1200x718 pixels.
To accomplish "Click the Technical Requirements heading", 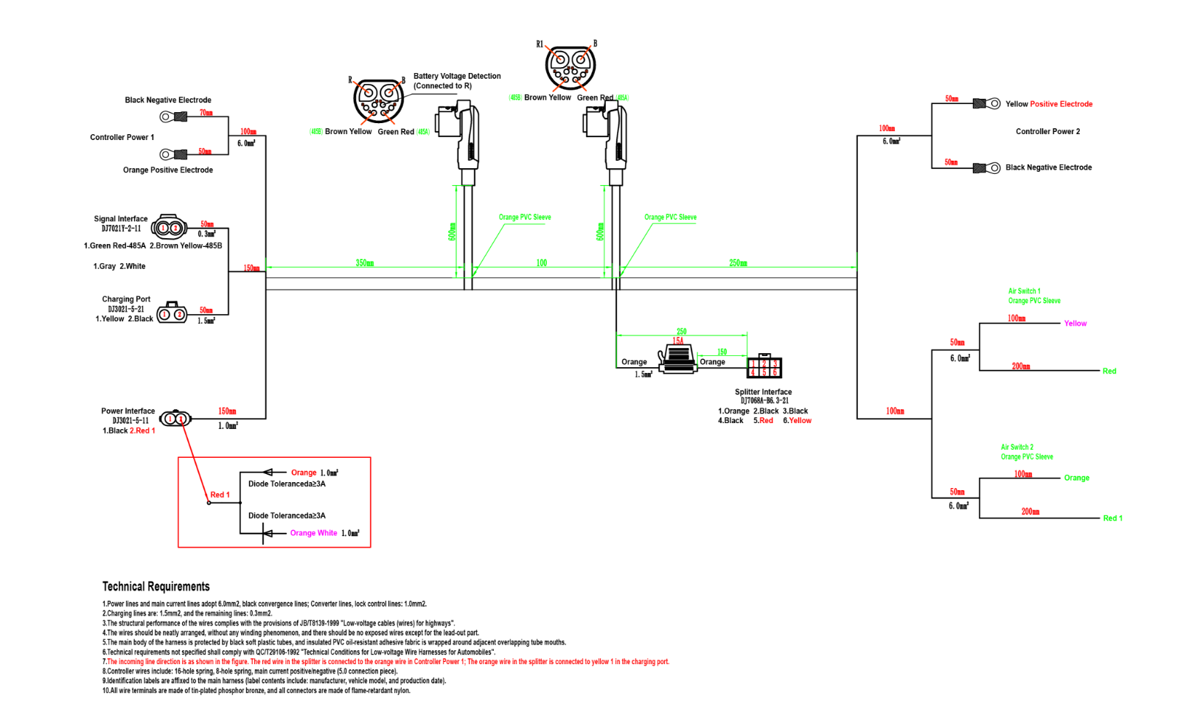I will [156, 587].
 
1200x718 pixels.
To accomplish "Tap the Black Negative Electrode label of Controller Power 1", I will [168, 100].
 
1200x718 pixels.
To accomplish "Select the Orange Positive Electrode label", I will [168, 170].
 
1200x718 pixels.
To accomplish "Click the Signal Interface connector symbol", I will [170, 228].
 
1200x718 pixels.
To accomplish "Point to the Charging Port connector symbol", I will [172, 313].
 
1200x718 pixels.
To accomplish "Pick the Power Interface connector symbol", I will [175, 419].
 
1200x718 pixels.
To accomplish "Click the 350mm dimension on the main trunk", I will [364, 263].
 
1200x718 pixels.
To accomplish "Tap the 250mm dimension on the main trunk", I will [738, 263].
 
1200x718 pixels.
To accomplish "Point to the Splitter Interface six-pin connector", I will [764, 367].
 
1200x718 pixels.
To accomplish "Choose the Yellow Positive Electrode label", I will [1049, 104].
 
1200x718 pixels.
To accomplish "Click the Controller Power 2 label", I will [1047, 132].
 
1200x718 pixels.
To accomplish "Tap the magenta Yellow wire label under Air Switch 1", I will [1075, 324].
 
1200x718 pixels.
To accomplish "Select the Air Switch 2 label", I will [1017, 447].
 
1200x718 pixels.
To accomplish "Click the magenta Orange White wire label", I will [313, 533].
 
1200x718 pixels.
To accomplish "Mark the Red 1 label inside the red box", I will [220, 495].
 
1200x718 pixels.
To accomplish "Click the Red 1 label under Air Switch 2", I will [1112, 518].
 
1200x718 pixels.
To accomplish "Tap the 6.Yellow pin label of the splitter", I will [797, 421].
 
